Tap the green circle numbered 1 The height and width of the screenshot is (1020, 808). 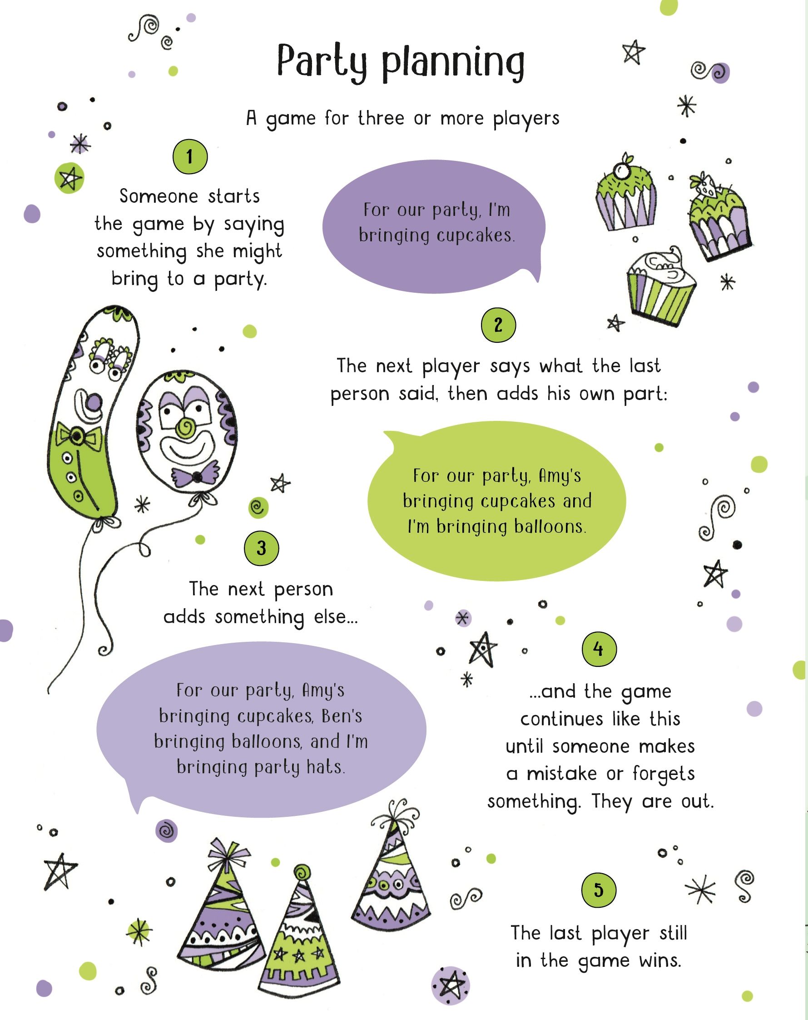(x=190, y=157)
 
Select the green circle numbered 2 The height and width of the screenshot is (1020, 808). (x=498, y=325)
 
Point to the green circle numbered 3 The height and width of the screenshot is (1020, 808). (x=262, y=548)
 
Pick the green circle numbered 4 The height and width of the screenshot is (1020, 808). (x=599, y=649)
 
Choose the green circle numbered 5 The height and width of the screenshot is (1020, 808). (x=599, y=890)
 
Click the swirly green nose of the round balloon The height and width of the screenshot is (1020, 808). (x=185, y=427)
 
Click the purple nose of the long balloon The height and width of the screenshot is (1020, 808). (x=94, y=403)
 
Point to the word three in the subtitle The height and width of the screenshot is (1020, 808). (x=381, y=118)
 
